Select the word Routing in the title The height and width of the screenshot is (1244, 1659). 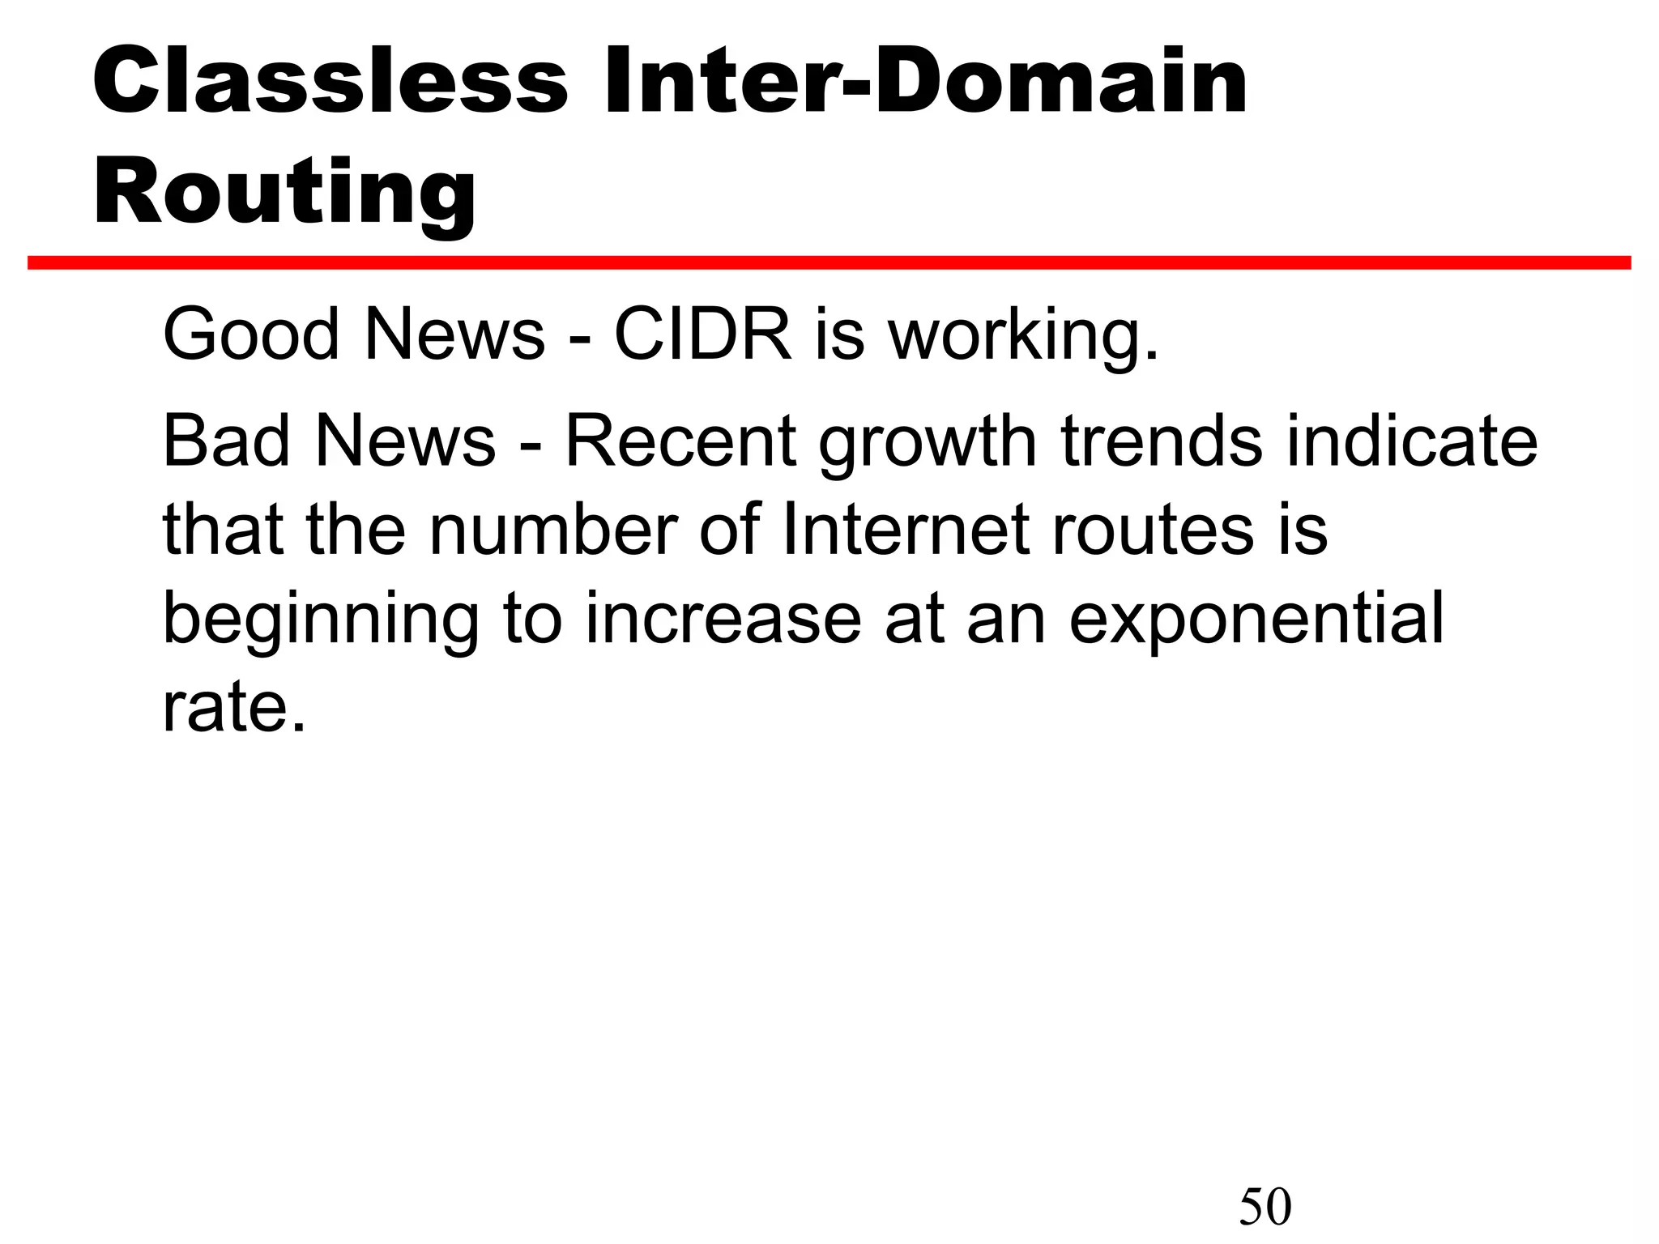tap(285, 193)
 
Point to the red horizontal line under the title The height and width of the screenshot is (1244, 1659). tap(829, 262)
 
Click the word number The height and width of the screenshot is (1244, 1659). tap(551, 530)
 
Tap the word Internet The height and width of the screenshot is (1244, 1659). tap(906, 530)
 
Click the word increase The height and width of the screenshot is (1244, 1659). tap(723, 619)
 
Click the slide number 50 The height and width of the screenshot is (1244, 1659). tap(1265, 1206)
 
